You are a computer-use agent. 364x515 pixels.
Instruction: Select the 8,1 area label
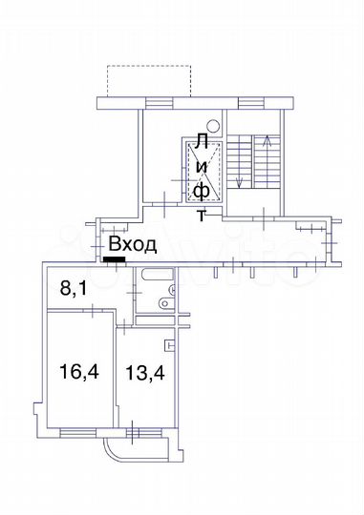[75, 287]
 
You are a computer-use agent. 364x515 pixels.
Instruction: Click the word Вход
[132, 245]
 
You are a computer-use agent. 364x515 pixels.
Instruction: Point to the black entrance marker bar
[115, 257]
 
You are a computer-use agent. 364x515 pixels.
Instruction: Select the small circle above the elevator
[213, 125]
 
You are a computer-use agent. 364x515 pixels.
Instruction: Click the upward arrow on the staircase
[267, 143]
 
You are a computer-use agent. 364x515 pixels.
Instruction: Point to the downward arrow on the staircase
[240, 181]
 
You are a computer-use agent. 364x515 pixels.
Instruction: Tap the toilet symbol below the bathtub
[164, 306]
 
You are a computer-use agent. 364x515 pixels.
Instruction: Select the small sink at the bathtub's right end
[171, 287]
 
